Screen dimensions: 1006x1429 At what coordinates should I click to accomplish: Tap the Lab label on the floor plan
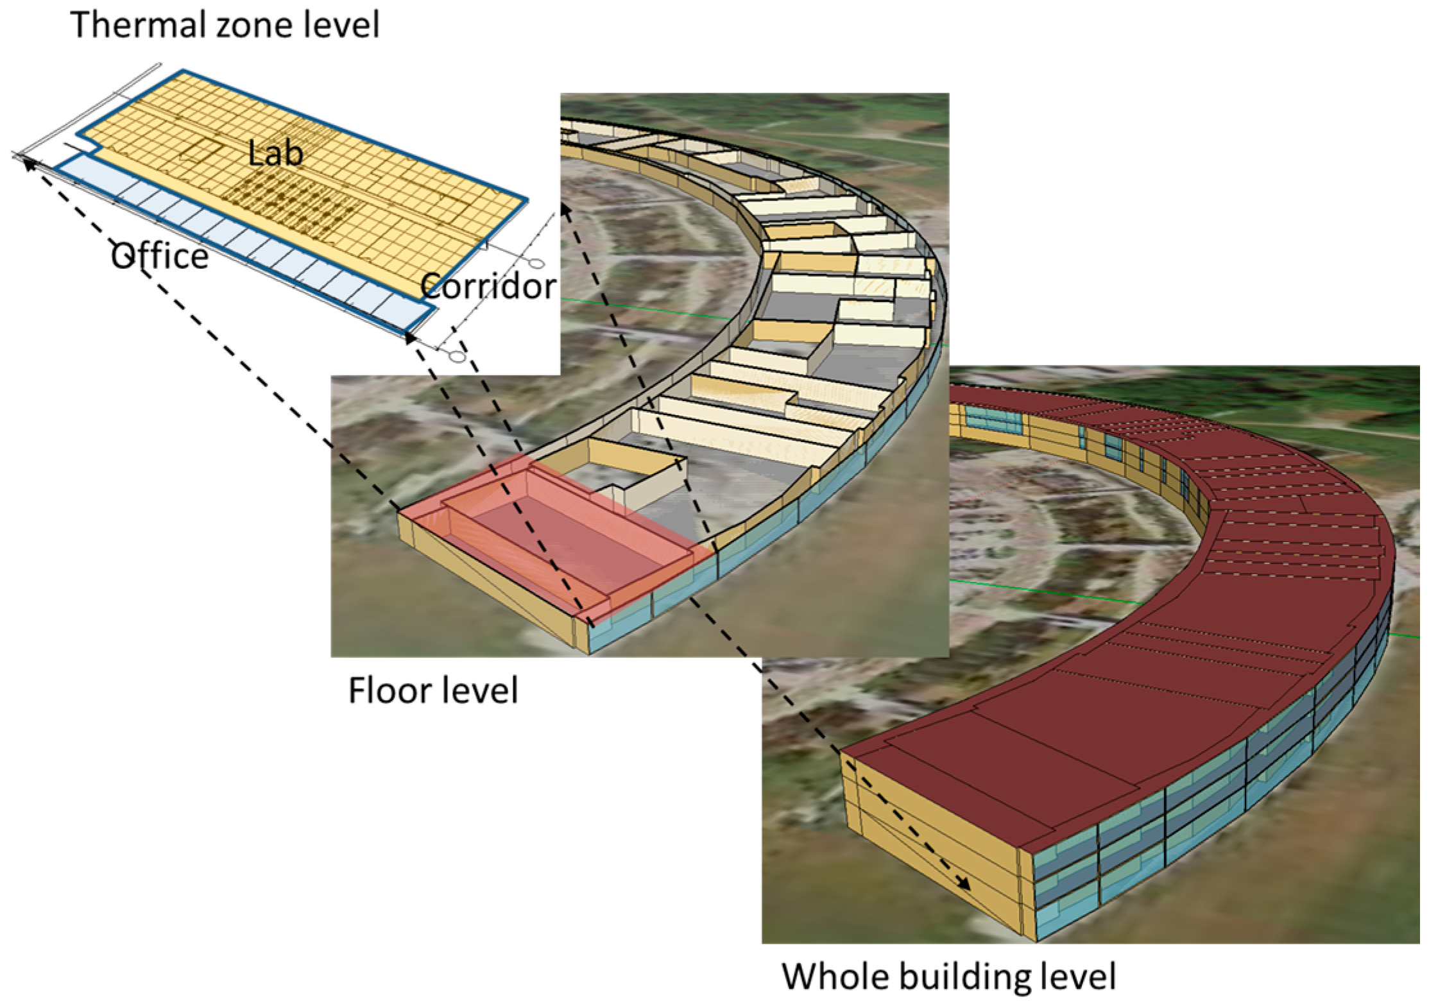(x=275, y=154)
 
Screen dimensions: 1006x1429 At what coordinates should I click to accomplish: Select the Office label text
(x=160, y=257)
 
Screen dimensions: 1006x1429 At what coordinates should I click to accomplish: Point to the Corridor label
(x=488, y=286)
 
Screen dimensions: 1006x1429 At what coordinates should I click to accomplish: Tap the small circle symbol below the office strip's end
(x=456, y=357)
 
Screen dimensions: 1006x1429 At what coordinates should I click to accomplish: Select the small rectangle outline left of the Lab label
(x=201, y=151)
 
